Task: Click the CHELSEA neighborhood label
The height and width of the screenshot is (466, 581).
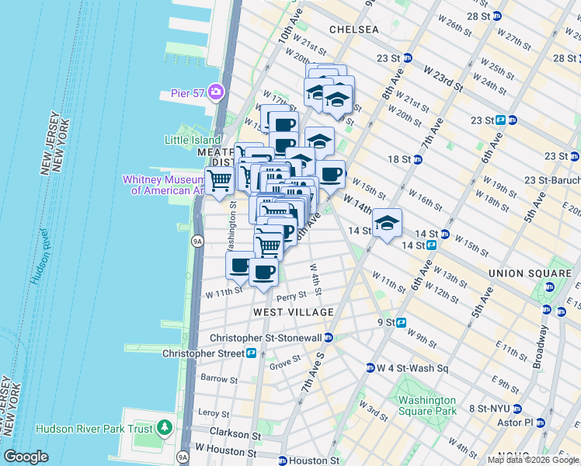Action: click(x=353, y=30)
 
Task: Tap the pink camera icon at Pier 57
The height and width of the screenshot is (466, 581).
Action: click(x=214, y=92)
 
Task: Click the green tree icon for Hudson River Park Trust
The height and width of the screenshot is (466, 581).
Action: click(x=164, y=427)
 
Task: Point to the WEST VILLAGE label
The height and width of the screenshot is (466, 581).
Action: click(x=293, y=312)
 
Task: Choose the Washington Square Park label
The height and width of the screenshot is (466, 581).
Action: click(x=426, y=405)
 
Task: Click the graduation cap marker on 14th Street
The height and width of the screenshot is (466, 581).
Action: click(x=387, y=224)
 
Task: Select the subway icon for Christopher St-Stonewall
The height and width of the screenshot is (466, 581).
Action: click(x=329, y=338)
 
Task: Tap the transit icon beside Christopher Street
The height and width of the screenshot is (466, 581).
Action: click(x=252, y=353)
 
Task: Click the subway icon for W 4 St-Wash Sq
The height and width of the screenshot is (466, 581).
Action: click(x=371, y=368)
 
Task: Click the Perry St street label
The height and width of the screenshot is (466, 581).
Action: click(x=291, y=297)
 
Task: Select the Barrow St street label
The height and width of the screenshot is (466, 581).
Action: click(x=218, y=380)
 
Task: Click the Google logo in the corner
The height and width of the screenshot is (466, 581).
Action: click(x=26, y=456)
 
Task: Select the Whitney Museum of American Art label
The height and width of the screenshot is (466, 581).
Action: click(x=162, y=185)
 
